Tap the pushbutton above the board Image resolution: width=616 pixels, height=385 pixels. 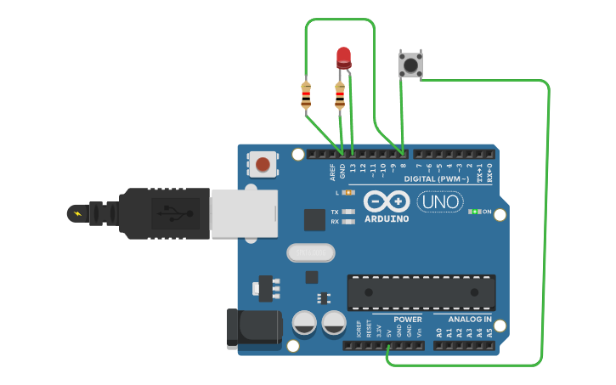[x=410, y=65]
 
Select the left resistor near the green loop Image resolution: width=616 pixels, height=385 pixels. [x=306, y=96]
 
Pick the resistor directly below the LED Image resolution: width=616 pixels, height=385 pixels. [x=340, y=96]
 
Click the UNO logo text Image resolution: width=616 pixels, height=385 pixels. [x=440, y=202]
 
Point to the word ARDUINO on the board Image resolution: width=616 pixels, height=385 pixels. [x=387, y=218]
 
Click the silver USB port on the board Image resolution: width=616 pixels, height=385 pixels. [x=244, y=212]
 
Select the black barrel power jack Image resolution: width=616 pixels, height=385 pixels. [x=253, y=328]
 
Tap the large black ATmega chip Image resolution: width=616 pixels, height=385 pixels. [x=421, y=292]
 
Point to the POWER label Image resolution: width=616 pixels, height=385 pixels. [x=408, y=320]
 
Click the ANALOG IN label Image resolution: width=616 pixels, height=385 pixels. [x=470, y=320]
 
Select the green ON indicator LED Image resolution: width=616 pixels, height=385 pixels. [x=475, y=211]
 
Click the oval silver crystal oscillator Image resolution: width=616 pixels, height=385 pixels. [x=311, y=252]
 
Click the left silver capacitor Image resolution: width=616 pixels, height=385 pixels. [x=306, y=322]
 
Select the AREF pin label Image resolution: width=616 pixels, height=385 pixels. [x=332, y=172]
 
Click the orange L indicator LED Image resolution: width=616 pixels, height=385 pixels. [x=348, y=193]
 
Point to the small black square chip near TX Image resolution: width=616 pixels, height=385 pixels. [x=314, y=219]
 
